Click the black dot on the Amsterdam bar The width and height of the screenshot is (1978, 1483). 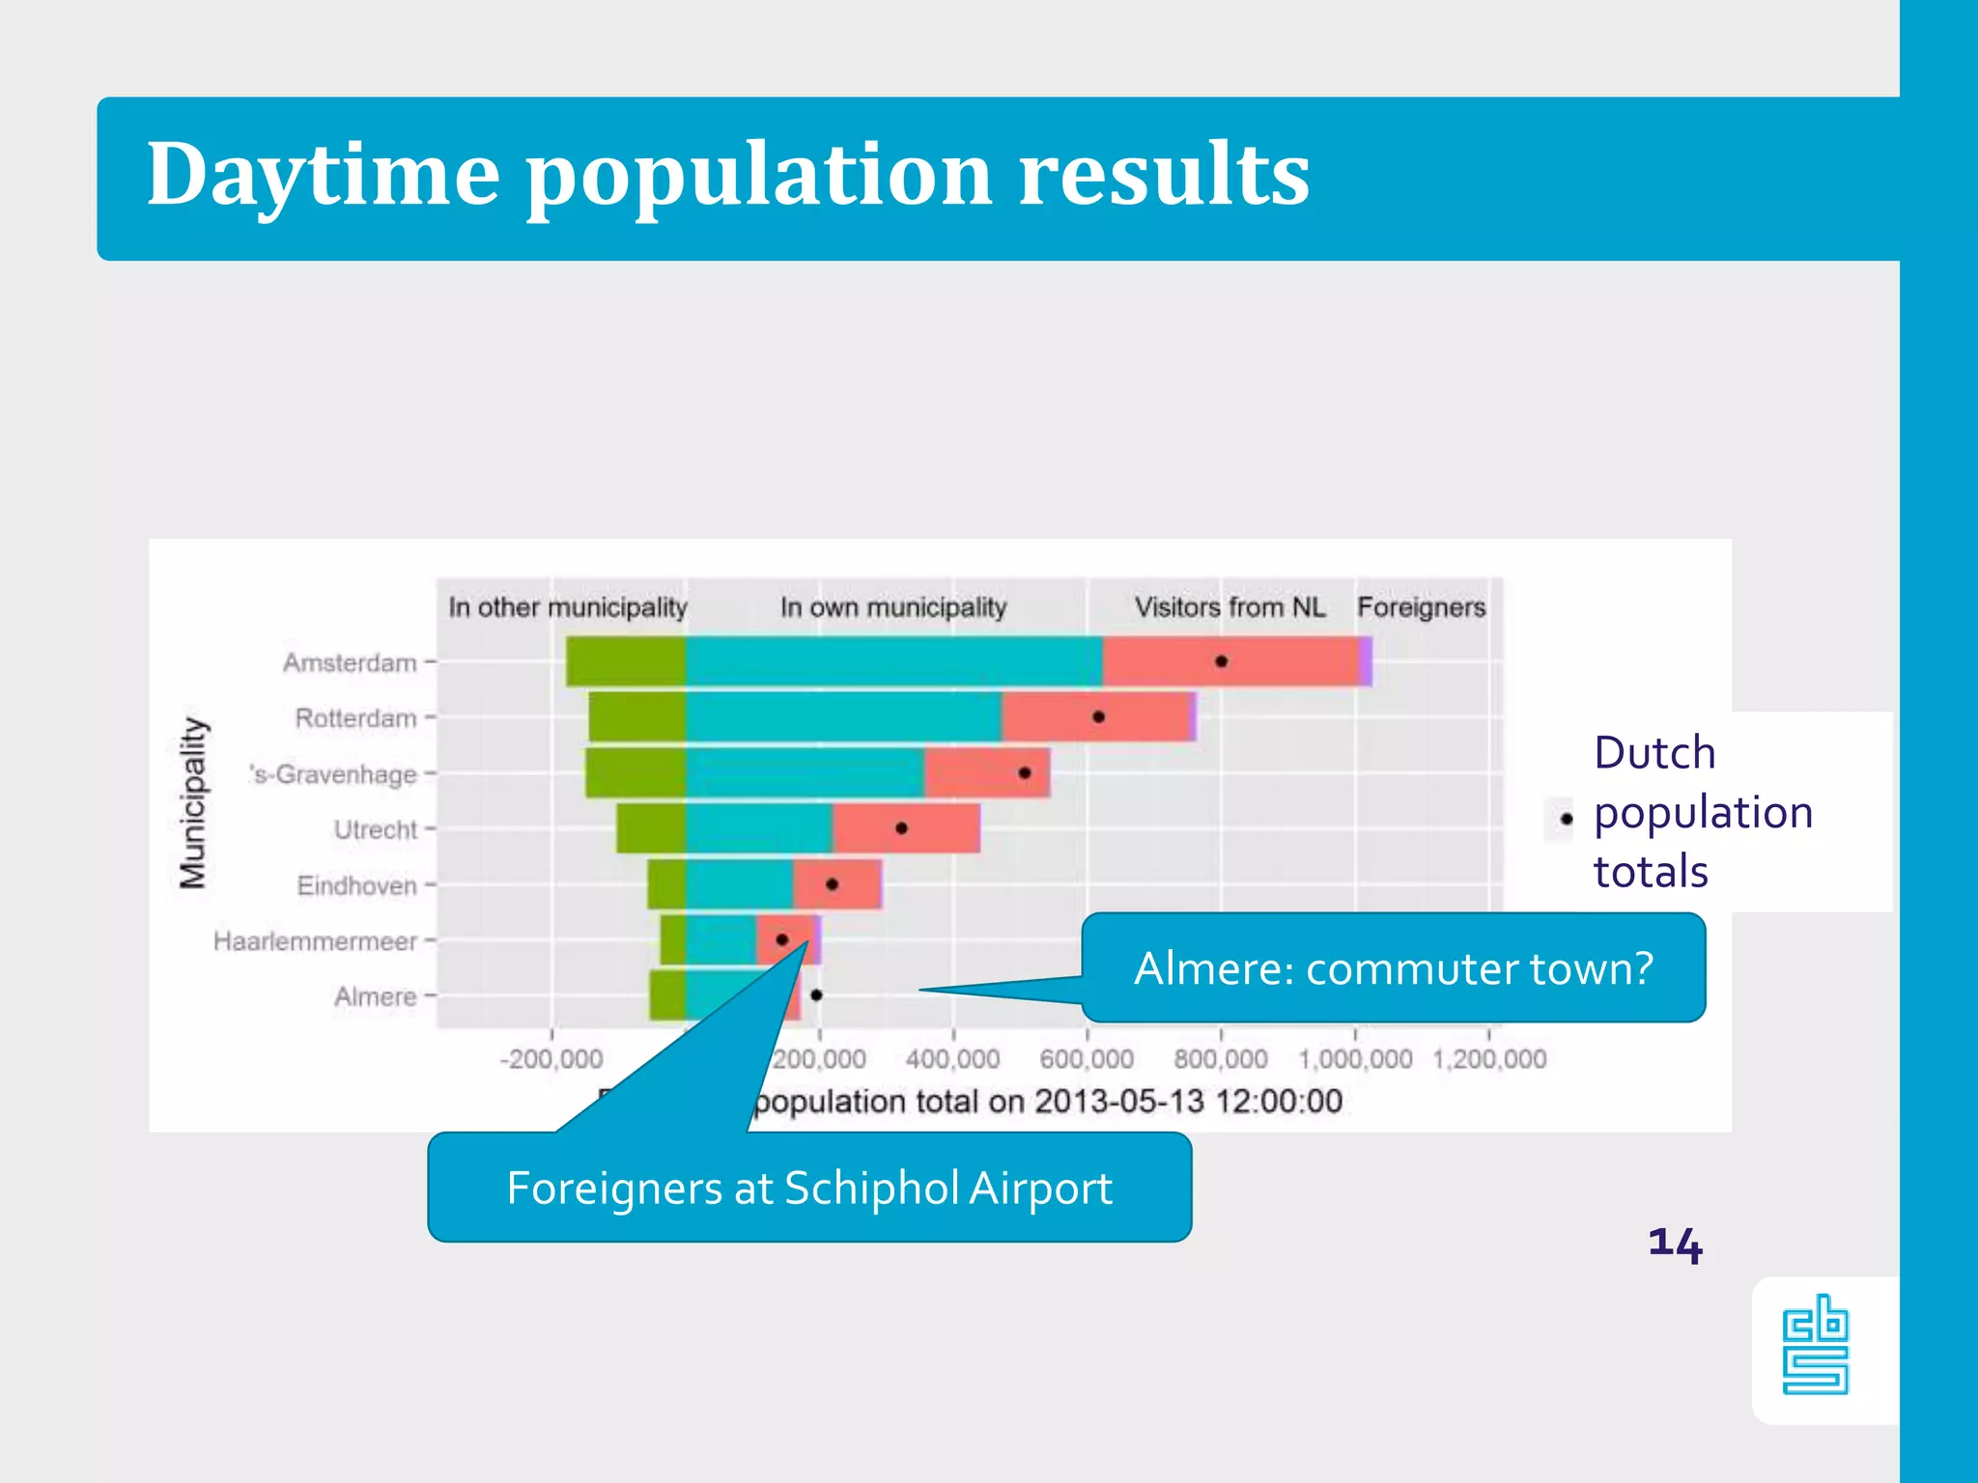1221,661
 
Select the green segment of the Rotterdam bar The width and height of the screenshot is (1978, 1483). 637,717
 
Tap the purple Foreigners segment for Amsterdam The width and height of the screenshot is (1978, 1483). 1366,661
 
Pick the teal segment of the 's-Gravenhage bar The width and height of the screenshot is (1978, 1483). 805,772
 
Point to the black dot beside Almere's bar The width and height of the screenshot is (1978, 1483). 816,994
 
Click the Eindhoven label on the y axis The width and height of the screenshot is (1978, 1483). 356,885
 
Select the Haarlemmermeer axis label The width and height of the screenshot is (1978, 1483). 315,941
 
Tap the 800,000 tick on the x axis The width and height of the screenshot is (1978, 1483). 1221,1059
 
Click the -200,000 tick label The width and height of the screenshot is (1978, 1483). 551,1059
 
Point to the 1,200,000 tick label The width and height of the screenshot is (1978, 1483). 1489,1059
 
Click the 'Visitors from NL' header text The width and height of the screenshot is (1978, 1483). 1229,607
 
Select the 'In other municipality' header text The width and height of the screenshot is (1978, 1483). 568,607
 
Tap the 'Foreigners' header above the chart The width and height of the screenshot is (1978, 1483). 1421,607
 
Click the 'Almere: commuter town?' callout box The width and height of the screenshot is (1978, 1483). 1393,967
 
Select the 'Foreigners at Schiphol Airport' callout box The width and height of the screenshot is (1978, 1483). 809,1188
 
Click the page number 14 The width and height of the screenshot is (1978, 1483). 1675,1244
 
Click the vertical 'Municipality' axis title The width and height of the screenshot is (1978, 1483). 194,802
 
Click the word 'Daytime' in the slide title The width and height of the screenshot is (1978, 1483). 324,175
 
